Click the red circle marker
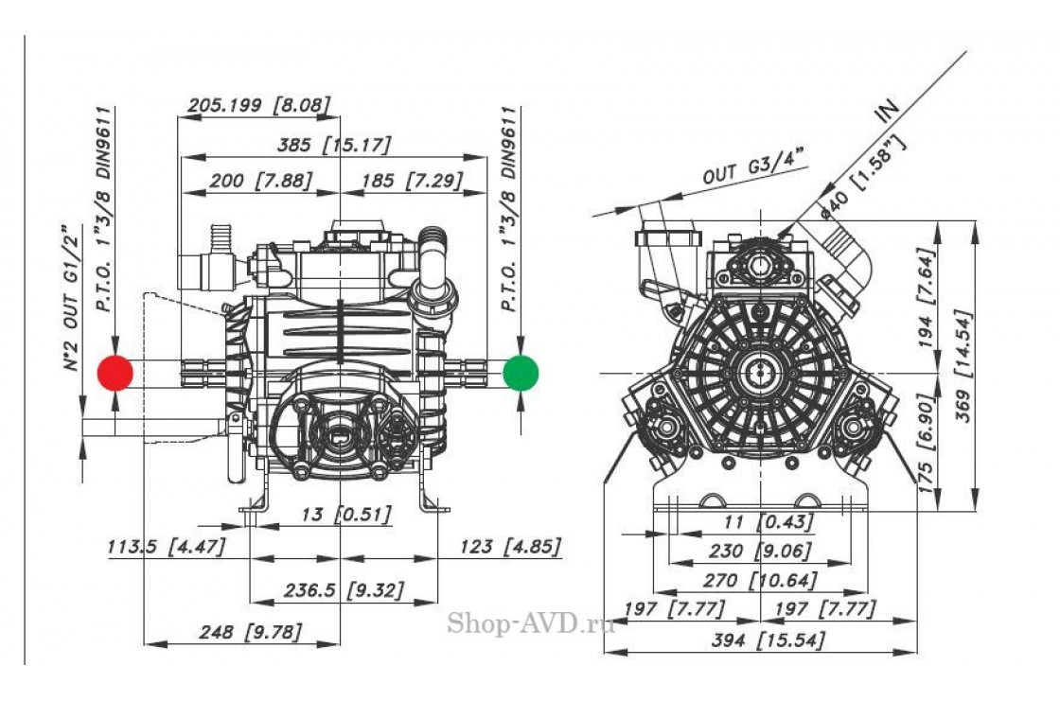[x=115, y=372]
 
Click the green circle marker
[x=521, y=372]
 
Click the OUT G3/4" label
[x=753, y=165]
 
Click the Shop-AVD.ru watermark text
[x=530, y=622]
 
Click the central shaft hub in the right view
[x=760, y=371]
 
